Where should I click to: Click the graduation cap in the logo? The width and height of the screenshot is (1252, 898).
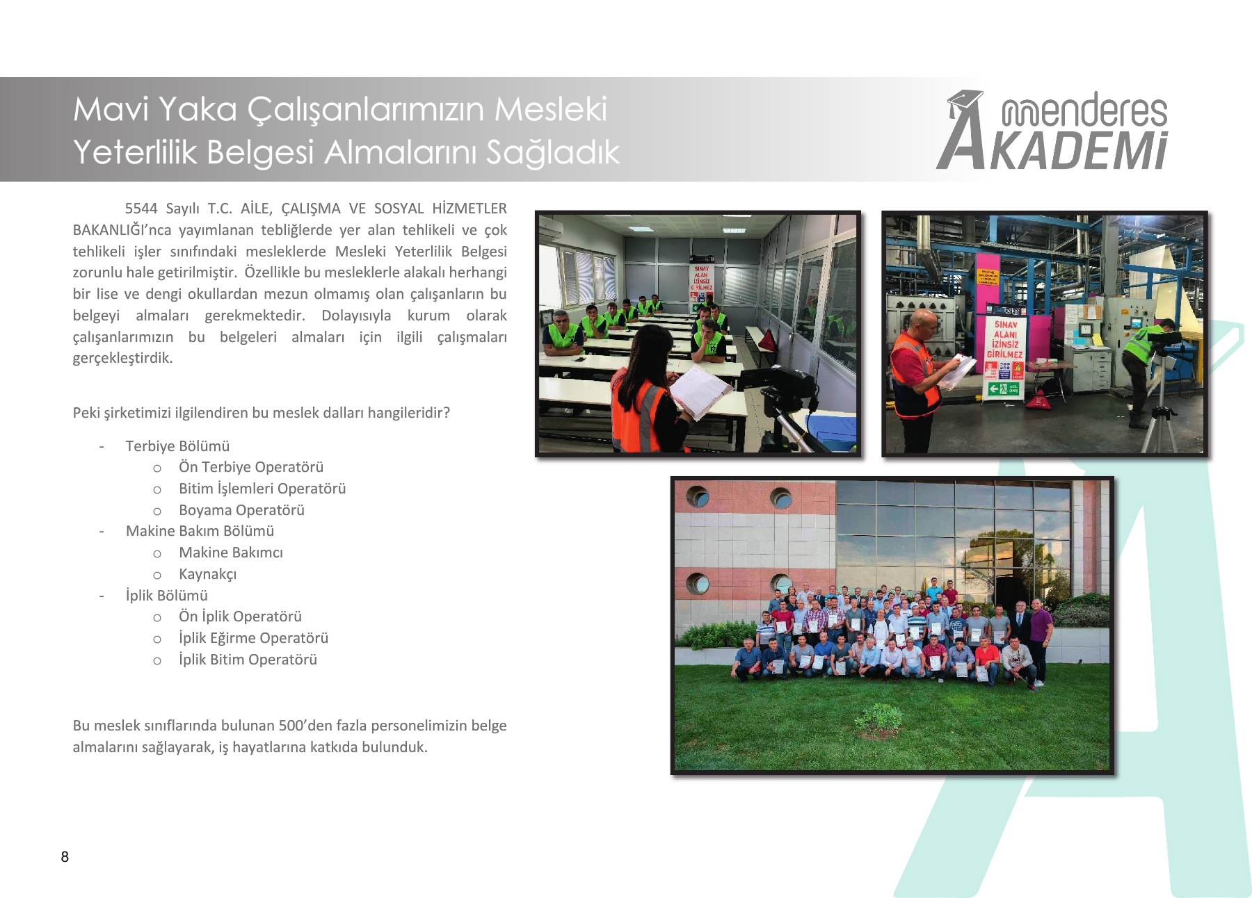pos(964,102)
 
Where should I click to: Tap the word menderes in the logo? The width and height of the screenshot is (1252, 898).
pos(1084,110)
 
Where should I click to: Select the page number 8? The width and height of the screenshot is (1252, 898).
pos(65,857)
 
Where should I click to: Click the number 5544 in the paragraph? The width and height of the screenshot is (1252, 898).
pos(141,209)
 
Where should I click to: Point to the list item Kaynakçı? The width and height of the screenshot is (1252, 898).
pos(207,574)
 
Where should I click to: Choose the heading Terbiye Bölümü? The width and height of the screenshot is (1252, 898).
pos(177,446)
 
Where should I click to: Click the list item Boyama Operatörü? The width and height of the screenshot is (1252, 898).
pos(241,510)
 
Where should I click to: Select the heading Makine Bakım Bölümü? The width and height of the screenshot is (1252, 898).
pos(200,531)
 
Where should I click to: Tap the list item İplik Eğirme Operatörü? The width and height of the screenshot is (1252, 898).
pos(253,638)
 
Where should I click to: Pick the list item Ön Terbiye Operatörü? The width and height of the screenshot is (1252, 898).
pos(251,467)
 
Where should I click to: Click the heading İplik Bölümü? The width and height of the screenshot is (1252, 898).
pos(166,596)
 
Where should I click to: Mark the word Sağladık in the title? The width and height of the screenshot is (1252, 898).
pos(553,152)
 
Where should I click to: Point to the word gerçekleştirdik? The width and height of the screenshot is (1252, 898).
pos(122,359)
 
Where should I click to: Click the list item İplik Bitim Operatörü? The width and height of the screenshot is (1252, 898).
pos(248,660)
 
